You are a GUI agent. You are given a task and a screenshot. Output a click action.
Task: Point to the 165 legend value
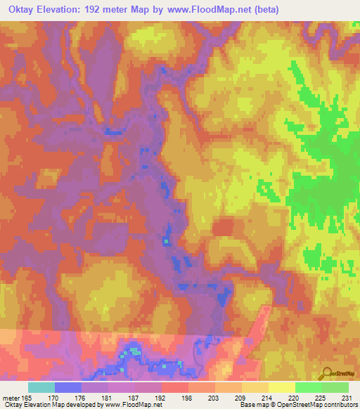(x=26, y=396)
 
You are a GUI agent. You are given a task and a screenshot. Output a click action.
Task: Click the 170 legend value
(x=53, y=396)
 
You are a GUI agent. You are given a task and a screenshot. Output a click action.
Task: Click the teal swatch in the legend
(x=41, y=387)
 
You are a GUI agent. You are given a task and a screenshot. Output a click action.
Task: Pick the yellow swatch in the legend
(x=281, y=387)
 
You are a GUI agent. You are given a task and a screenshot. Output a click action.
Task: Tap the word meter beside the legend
(x=10, y=396)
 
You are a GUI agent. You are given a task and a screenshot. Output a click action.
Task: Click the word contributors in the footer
(x=337, y=405)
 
